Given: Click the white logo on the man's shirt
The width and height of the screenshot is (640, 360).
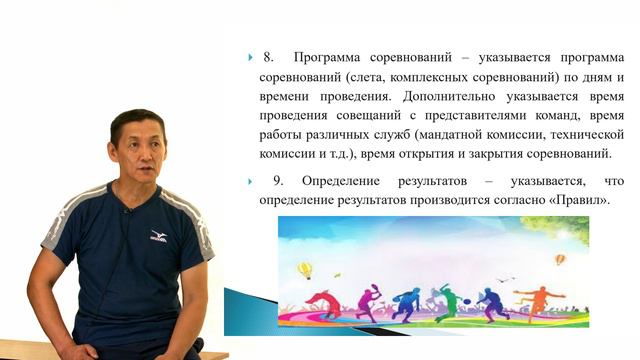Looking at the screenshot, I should (158, 236).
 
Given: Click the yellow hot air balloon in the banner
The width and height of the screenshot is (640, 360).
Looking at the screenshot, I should (305, 269).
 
